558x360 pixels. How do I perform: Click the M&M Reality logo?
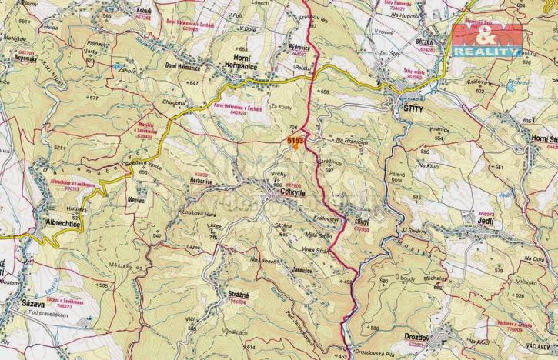pos(486,39)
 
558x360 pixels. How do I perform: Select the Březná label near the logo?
pos(429,40)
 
